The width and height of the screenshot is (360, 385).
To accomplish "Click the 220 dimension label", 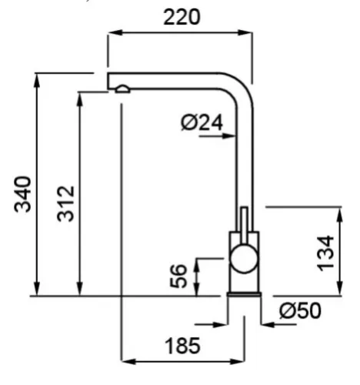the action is (182, 17).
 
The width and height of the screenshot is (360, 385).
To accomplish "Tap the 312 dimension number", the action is (65, 203).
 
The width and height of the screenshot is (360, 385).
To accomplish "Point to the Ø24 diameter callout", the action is (202, 122).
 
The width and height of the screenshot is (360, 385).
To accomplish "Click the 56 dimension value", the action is (178, 276).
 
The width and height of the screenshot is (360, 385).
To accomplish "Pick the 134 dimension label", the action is (325, 253).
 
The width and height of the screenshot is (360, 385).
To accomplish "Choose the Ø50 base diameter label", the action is (300, 310).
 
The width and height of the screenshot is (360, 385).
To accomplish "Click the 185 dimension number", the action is (182, 346).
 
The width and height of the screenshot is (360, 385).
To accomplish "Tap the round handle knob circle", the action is (244, 258).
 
